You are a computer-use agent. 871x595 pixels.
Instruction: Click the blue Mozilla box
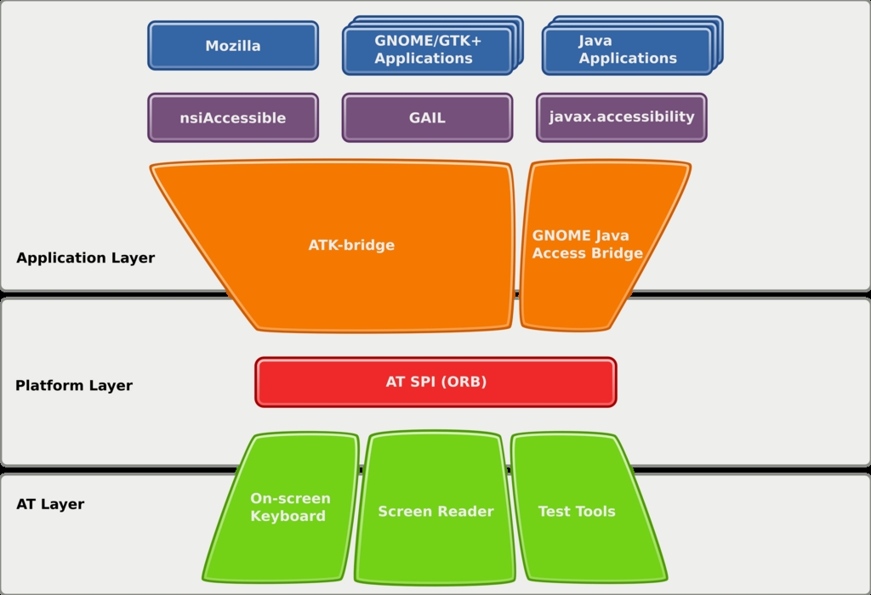[232, 46]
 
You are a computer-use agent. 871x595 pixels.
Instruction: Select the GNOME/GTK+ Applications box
[426, 50]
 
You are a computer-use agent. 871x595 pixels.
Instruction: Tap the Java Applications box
[626, 50]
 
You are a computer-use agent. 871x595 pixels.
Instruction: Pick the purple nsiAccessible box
[232, 118]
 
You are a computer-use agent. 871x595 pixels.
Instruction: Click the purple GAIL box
[427, 118]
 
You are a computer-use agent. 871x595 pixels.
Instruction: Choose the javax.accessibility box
[621, 117]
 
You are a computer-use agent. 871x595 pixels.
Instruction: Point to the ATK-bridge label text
[351, 246]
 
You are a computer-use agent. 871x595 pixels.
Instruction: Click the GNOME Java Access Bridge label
[587, 245]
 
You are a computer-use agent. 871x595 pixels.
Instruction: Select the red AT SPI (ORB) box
[435, 382]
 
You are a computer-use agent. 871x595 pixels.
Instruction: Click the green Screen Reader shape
[435, 511]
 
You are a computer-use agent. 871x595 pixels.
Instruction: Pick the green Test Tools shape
[577, 511]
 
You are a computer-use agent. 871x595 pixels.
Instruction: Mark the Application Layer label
[85, 258]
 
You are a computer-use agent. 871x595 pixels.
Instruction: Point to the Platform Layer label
[74, 386]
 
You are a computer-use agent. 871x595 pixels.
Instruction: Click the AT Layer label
[50, 504]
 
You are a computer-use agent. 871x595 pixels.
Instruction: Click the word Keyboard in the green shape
[287, 517]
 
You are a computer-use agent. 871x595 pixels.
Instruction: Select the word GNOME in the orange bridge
[557, 236]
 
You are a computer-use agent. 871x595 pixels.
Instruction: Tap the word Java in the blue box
[595, 41]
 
